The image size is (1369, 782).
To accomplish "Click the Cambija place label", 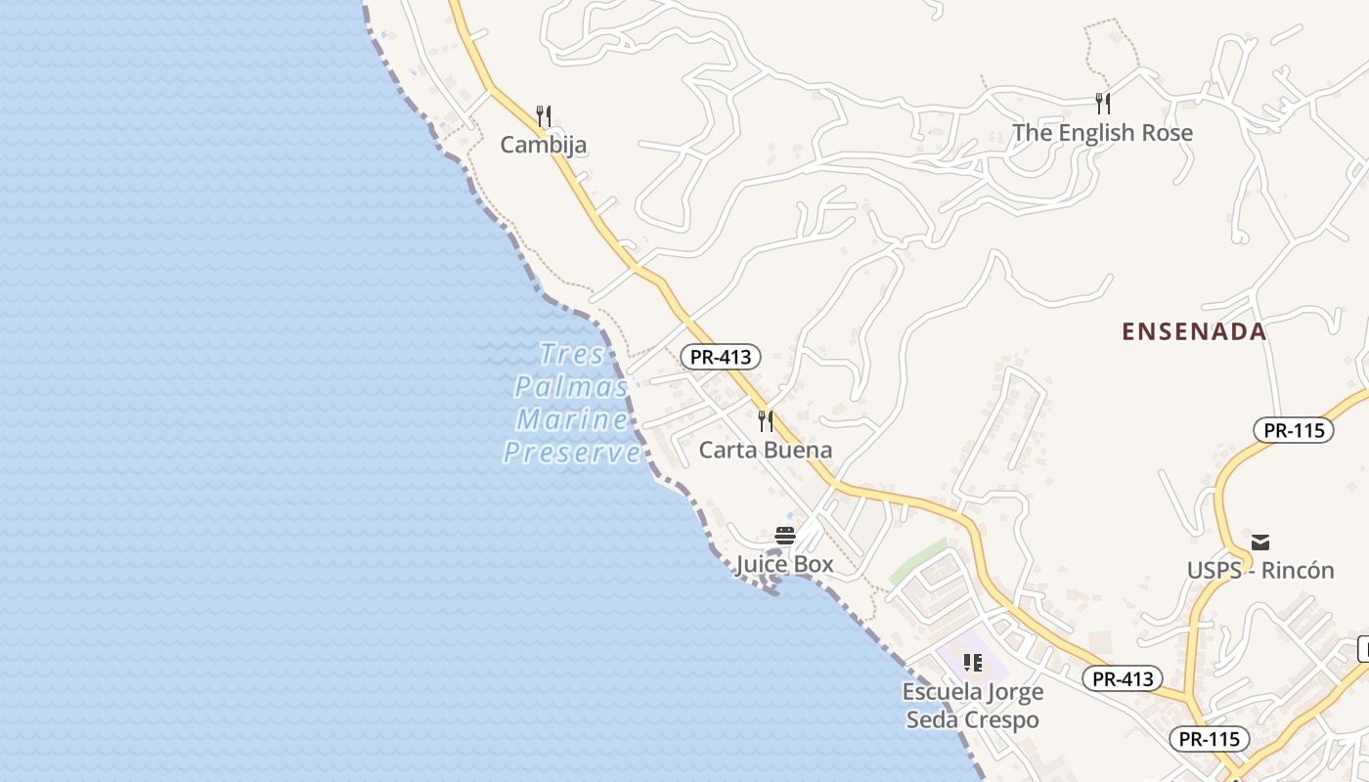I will (544, 145).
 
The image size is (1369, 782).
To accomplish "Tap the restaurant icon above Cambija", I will (544, 116).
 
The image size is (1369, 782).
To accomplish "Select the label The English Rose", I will (1102, 132).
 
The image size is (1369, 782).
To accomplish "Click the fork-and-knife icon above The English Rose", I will (1103, 103).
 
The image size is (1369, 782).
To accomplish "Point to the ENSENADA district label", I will (1194, 331).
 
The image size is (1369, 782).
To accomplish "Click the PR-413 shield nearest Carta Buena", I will (721, 357).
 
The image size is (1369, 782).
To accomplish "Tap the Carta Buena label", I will (766, 450).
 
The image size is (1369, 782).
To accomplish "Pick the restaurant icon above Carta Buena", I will (766, 421).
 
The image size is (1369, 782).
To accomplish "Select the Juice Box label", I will (784, 564).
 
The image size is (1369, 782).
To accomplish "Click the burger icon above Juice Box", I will (784, 536).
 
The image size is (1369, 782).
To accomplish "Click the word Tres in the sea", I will (573, 353).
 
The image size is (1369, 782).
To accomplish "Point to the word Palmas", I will (572, 386).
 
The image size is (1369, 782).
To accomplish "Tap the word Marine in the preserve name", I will (573, 419).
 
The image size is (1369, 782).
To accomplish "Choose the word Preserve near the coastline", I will (573, 453).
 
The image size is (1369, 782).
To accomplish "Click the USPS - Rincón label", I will (1260, 570).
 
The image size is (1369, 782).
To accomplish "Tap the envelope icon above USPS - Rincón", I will (1260, 542).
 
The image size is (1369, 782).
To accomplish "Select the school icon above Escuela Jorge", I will (972, 663).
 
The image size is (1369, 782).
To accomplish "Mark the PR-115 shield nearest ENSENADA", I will (1294, 430).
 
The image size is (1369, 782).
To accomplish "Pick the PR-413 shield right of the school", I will (1123, 678).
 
